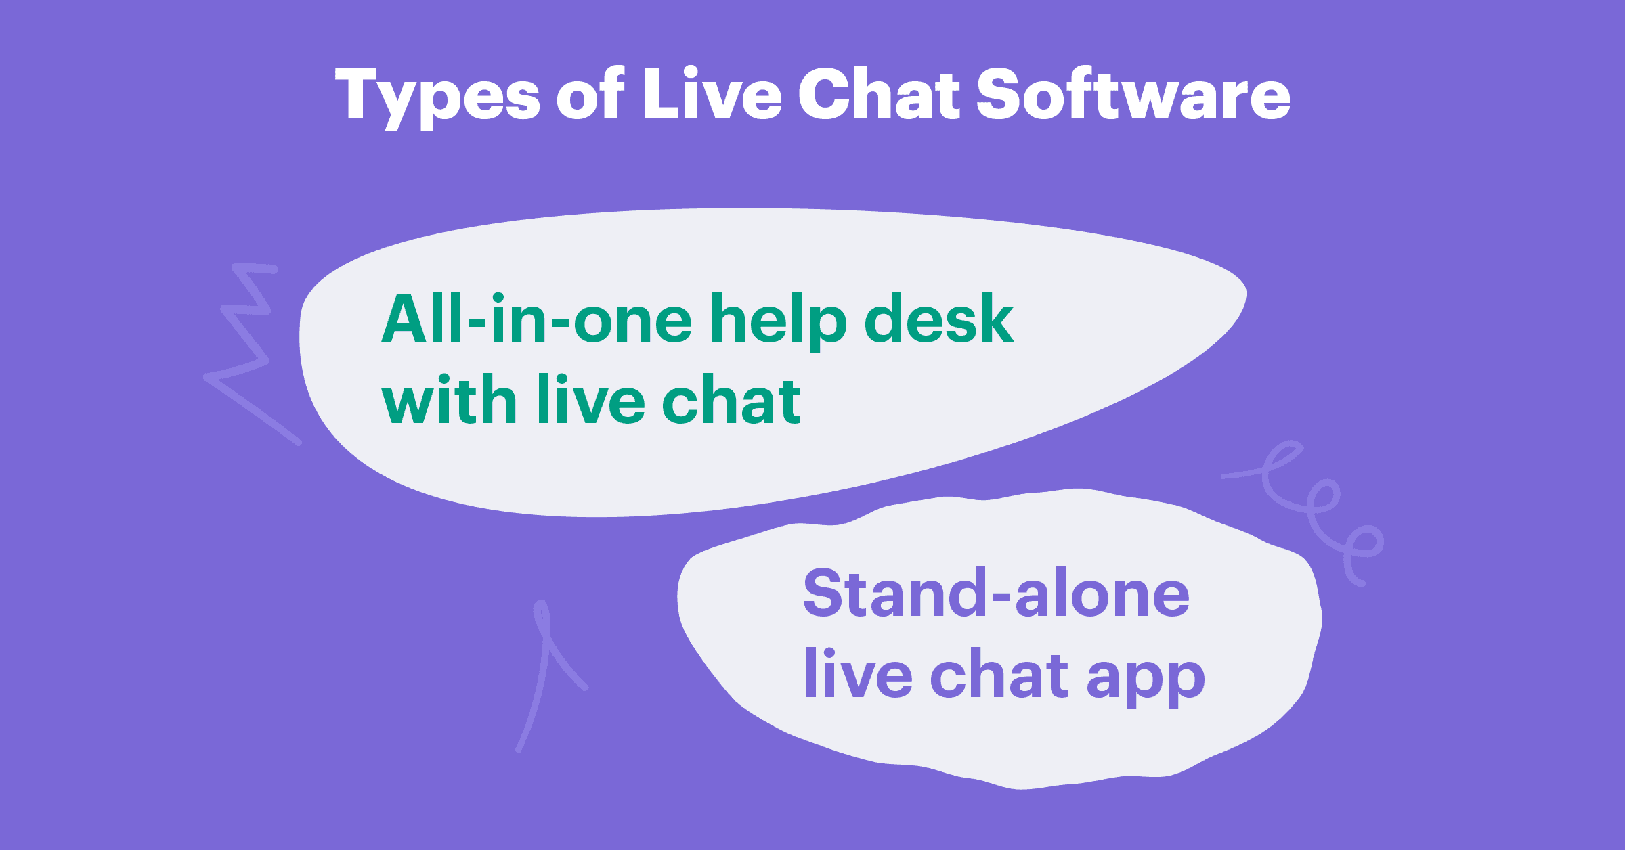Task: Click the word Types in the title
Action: tap(437, 96)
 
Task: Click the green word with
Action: tap(450, 401)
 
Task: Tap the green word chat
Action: tap(731, 401)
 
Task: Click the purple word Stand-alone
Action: tap(995, 594)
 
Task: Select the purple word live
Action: tap(858, 674)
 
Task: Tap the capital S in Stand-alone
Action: tap(825, 593)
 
